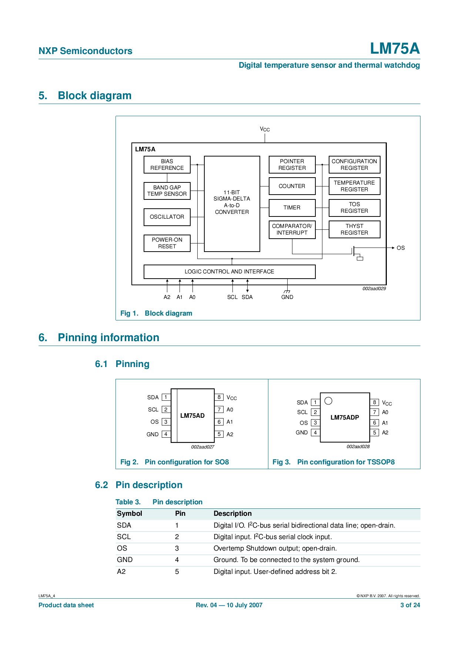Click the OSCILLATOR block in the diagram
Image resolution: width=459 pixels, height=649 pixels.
click(x=167, y=217)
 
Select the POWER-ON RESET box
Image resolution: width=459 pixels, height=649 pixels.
click(x=167, y=243)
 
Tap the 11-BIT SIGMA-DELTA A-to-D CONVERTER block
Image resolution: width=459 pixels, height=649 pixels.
click(x=232, y=204)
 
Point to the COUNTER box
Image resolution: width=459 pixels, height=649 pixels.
click(x=292, y=186)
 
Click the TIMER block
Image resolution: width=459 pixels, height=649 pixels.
click(x=292, y=208)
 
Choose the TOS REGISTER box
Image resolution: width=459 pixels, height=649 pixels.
click(x=354, y=208)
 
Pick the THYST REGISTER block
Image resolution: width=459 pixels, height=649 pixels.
click(x=354, y=229)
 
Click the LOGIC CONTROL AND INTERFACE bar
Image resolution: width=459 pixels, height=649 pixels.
click(x=229, y=272)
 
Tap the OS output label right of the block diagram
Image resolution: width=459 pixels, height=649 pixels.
click(x=401, y=248)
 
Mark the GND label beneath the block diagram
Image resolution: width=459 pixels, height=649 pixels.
click(x=287, y=297)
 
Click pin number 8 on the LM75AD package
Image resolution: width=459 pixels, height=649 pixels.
click(x=219, y=397)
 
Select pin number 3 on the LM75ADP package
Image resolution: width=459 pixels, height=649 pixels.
click(x=315, y=423)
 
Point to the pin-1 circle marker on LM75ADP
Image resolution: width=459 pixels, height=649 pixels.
click(x=328, y=401)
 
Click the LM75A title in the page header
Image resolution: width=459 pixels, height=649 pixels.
click(x=395, y=48)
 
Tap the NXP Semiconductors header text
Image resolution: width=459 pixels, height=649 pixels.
click(x=86, y=51)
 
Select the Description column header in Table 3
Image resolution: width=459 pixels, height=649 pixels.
click(x=232, y=514)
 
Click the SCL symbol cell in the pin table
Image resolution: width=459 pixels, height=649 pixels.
click(x=124, y=537)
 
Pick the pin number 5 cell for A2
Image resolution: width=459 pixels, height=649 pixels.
click(x=177, y=572)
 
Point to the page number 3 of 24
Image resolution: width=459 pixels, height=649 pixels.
click(x=410, y=605)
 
